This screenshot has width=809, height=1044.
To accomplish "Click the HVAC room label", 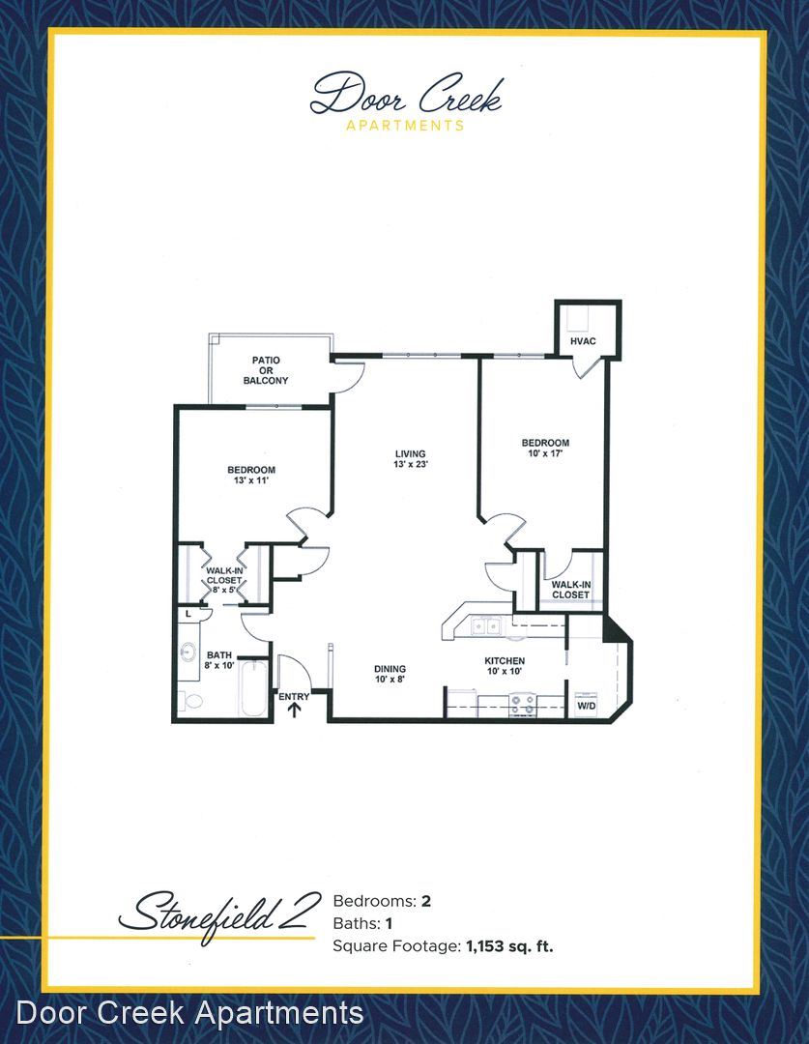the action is click(583, 341).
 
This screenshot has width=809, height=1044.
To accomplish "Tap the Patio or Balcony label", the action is click(266, 370).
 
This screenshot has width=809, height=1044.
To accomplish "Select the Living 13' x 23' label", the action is click(410, 459).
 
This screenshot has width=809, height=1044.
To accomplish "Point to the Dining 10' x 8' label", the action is click(390, 674).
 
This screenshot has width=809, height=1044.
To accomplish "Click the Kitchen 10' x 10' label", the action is click(505, 666).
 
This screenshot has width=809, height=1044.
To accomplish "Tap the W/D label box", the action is click(587, 705).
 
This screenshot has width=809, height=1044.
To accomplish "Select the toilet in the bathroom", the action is click(190, 701).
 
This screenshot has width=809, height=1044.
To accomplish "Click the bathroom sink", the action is click(188, 652).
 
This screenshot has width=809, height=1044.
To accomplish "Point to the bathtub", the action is click(253, 688).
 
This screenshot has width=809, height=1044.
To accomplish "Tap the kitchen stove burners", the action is click(523, 705).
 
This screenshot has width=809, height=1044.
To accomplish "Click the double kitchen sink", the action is click(485, 625).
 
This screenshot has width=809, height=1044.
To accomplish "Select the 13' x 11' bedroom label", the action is click(251, 475).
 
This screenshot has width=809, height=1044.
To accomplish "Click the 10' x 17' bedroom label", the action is click(545, 448).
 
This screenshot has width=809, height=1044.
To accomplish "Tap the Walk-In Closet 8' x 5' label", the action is click(223, 580).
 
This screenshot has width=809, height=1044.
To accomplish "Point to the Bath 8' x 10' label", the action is click(219, 660).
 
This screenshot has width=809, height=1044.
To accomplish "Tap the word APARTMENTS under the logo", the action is click(405, 125).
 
